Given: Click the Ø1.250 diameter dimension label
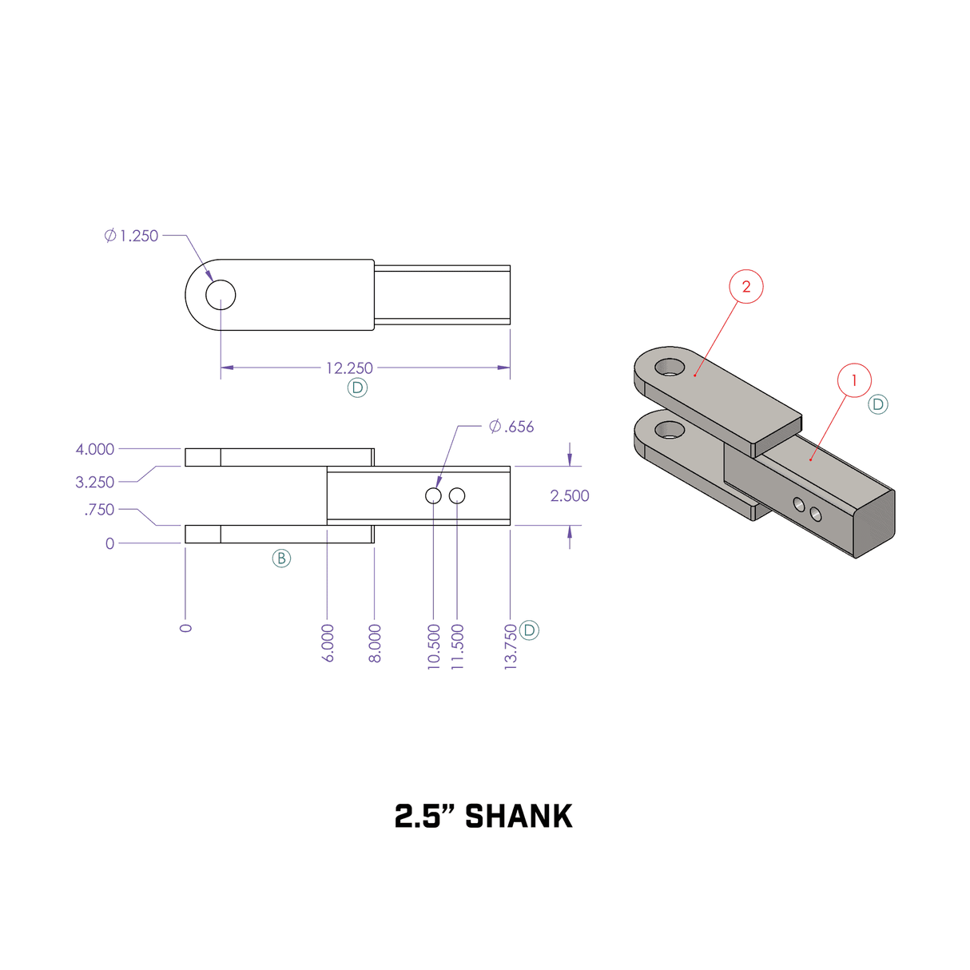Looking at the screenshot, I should [132, 236].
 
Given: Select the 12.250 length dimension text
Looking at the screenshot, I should [349, 368].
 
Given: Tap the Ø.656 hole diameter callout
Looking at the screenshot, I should [511, 427].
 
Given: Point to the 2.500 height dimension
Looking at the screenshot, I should [570, 496].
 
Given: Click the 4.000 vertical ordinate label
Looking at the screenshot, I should [95, 450].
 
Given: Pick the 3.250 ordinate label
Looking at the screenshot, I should [95, 483].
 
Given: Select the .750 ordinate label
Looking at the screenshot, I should [100, 510].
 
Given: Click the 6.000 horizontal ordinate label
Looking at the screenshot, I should [328, 643].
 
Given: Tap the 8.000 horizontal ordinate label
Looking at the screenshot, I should [375, 643].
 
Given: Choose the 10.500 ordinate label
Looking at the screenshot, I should [434, 646].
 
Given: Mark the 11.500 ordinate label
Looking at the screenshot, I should [458, 646].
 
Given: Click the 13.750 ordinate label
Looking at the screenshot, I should [511, 646].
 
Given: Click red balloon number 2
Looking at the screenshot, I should [746, 287].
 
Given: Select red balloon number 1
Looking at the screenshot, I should [854, 380].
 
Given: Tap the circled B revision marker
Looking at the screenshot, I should [281, 559].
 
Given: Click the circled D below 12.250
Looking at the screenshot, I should [357, 388].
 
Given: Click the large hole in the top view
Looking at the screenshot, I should [221, 295].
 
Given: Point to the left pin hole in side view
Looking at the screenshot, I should [433, 496].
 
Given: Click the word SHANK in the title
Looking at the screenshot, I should [519, 817].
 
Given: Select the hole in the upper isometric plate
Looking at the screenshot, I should [670, 368].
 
